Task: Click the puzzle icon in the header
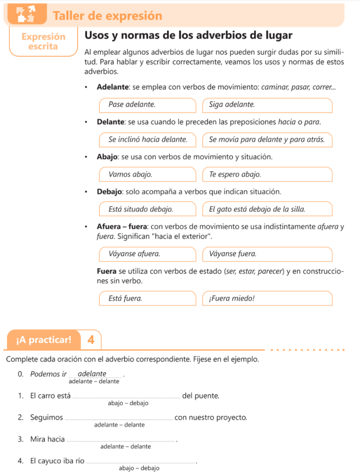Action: point(25,14)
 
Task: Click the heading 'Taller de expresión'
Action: point(107,16)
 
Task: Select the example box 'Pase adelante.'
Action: point(147,105)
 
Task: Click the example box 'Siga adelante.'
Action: point(267,105)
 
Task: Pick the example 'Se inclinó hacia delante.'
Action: point(147,139)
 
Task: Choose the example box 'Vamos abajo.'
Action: point(147,174)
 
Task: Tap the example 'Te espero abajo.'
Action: point(267,174)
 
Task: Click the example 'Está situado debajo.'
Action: point(147,209)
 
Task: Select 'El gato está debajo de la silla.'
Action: point(267,209)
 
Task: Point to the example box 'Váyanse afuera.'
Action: point(147,254)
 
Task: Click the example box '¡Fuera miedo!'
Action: point(267,298)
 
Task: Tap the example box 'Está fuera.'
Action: point(147,298)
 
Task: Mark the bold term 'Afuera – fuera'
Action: point(122,227)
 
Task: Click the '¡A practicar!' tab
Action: point(44,340)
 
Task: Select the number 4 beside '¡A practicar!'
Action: point(91,340)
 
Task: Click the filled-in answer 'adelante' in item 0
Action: point(92,374)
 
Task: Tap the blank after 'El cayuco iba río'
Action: point(141,461)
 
